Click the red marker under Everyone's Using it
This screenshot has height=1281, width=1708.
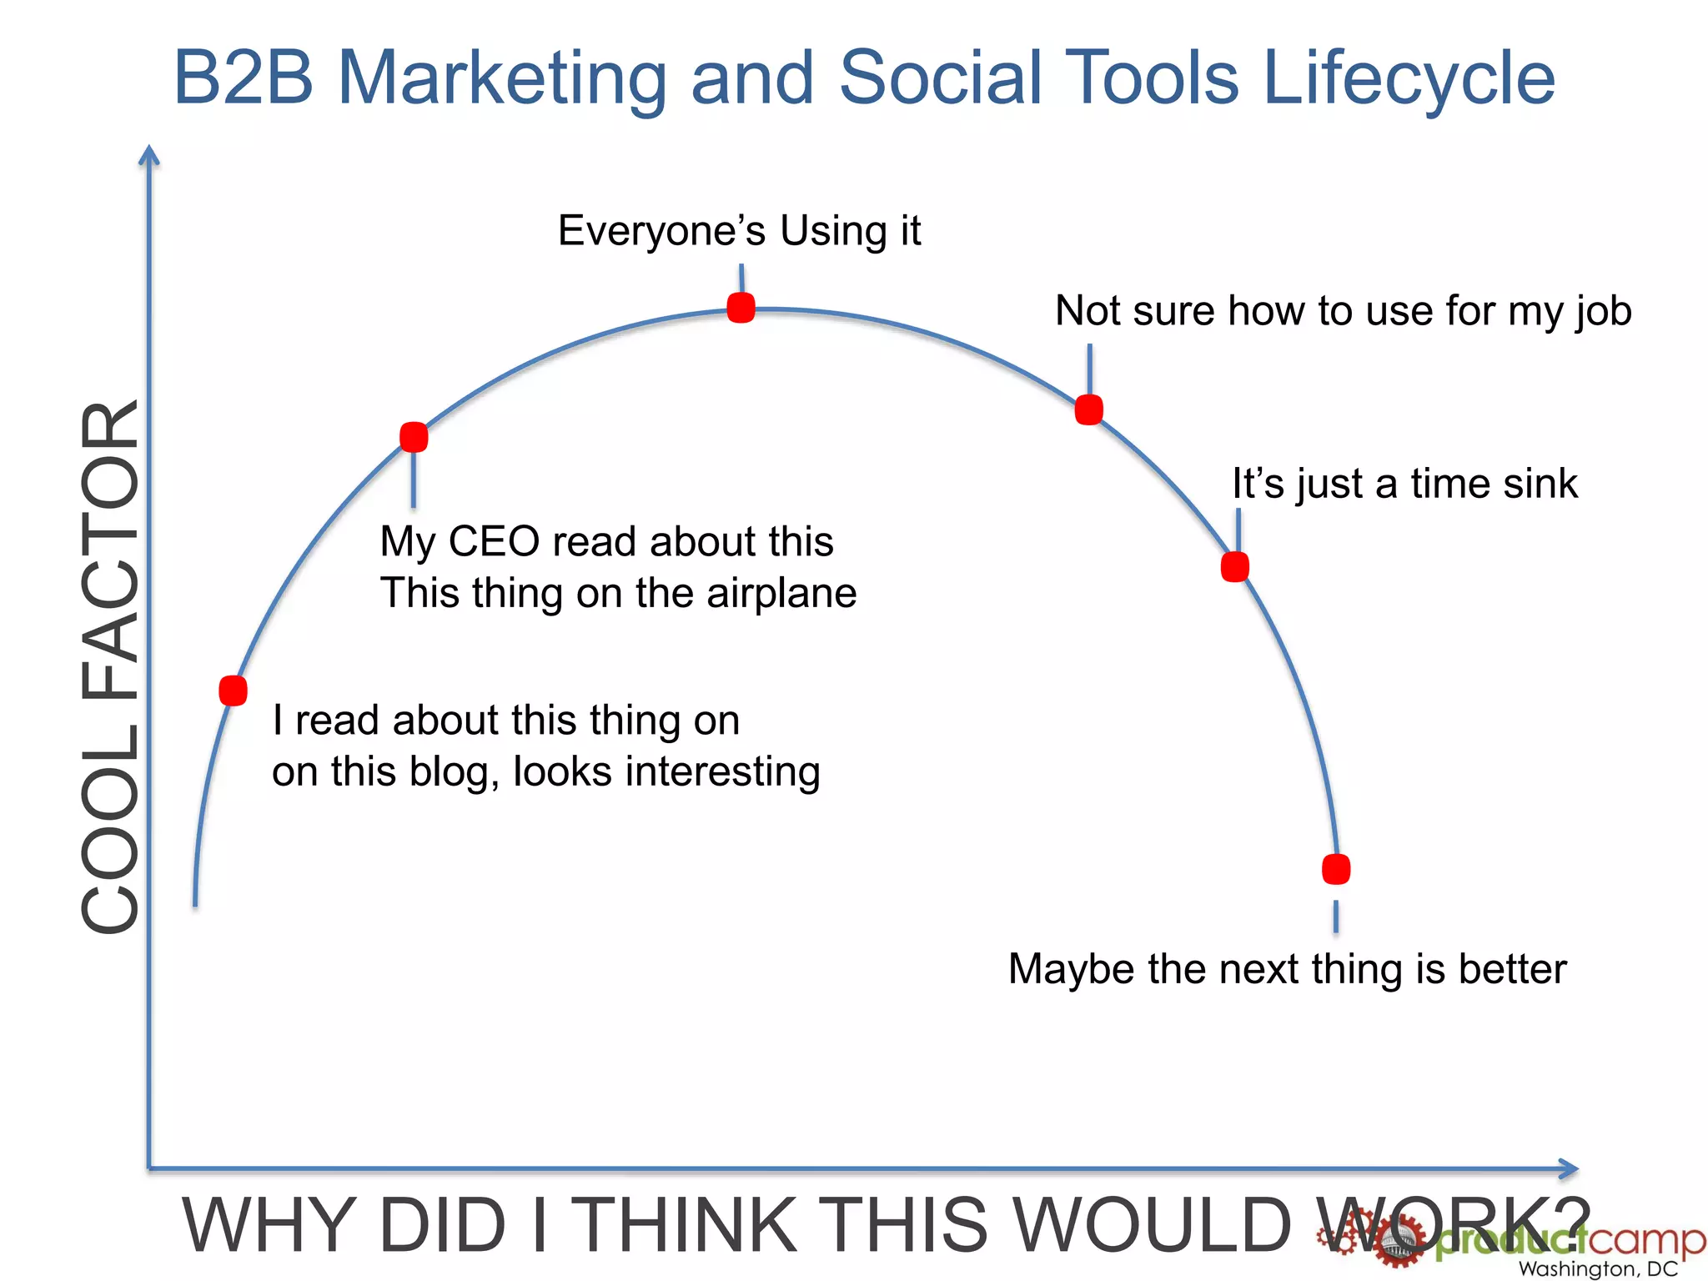pyautogui.click(x=741, y=308)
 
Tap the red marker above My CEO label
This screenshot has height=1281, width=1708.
pyautogui.click(x=414, y=437)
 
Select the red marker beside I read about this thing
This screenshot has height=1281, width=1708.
pyautogui.click(x=233, y=691)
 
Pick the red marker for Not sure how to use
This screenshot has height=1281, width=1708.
pyautogui.click(x=1088, y=409)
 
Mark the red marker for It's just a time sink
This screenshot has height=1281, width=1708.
pyautogui.click(x=1234, y=567)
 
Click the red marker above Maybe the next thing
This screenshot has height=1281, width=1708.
pyautogui.click(x=1336, y=869)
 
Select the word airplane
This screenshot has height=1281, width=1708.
pyautogui.click(x=781, y=594)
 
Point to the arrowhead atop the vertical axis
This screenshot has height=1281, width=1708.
pyautogui.click(x=149, y=154)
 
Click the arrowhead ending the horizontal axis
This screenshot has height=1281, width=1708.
pyautogui.click(x=1569, y=1168)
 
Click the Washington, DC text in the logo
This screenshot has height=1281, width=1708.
pyautogui.click(x=1597, y=1268)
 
